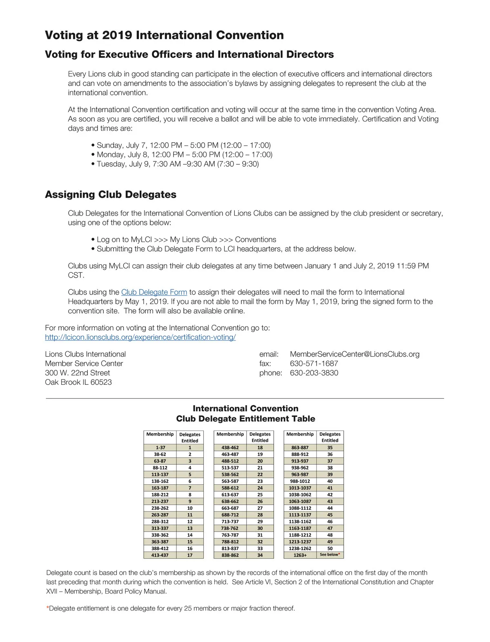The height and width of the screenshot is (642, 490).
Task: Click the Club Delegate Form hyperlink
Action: tap(154, 292)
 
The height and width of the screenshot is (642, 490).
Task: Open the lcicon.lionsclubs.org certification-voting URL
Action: tap(140, 338)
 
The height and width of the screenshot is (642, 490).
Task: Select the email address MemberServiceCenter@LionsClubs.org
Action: tap(354, 354)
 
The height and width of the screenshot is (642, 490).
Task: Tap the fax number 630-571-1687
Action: tap(314, 364)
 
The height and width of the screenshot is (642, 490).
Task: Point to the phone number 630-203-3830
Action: tap(314, 373)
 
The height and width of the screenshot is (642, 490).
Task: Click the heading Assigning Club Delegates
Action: tap(111, 194)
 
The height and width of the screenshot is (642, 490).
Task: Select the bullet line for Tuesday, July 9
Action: tap(178, 164)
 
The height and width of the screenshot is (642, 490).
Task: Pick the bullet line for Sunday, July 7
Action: tap(183, 146)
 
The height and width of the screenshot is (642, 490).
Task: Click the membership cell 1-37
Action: tap(160, 448)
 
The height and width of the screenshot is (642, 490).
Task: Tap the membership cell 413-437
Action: tap(160, 555)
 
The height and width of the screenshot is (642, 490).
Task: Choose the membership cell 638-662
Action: tap(230, 501)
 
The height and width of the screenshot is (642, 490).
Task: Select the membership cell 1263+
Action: tap(300, 555)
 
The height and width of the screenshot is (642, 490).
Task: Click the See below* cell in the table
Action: tap(330, 555)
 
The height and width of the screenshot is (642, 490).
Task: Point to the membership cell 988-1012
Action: tap(300, 481)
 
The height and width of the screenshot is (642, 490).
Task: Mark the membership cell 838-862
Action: tap(230, 555)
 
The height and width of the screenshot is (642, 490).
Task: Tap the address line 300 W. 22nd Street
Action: tap(78, 373)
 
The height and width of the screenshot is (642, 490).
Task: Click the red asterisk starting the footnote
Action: tap(47, 609)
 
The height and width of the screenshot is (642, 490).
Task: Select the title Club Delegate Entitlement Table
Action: tap(245, 419)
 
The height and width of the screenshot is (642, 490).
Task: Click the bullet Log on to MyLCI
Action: tap(186, 240)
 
